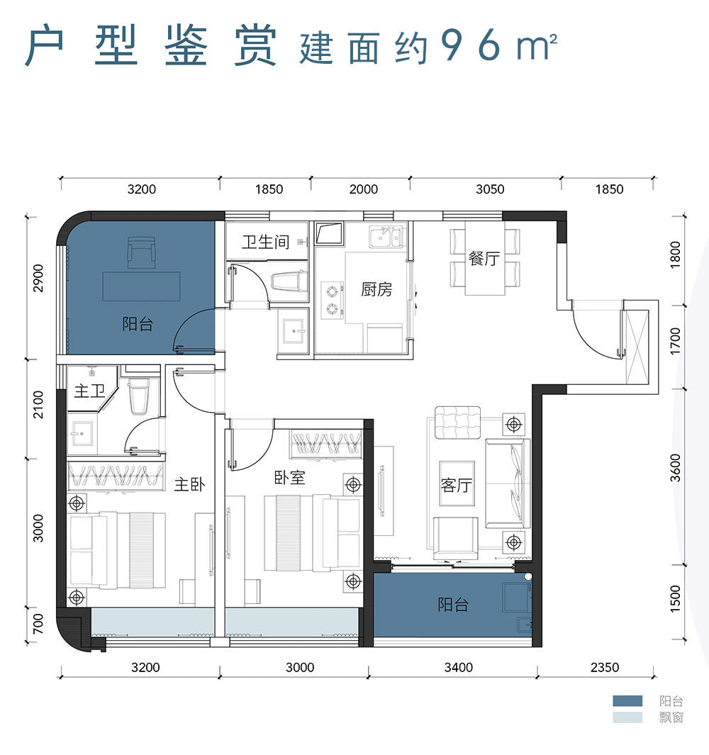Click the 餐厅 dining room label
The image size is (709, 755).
point(484,259)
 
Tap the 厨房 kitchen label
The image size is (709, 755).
point(376,290)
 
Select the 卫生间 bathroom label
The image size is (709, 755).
point(265,242)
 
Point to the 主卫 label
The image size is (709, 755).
point(89,391)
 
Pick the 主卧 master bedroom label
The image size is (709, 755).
point(189,485)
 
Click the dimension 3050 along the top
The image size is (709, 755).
point(490,189)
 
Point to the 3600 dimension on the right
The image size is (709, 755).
point(676,468)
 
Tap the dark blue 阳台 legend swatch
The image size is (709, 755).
point(627,701)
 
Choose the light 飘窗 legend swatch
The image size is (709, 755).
point(627,717)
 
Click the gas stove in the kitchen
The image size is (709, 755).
point(331,299)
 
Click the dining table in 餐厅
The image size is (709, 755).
point(484,259)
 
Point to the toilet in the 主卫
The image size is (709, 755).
point(139,397)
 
